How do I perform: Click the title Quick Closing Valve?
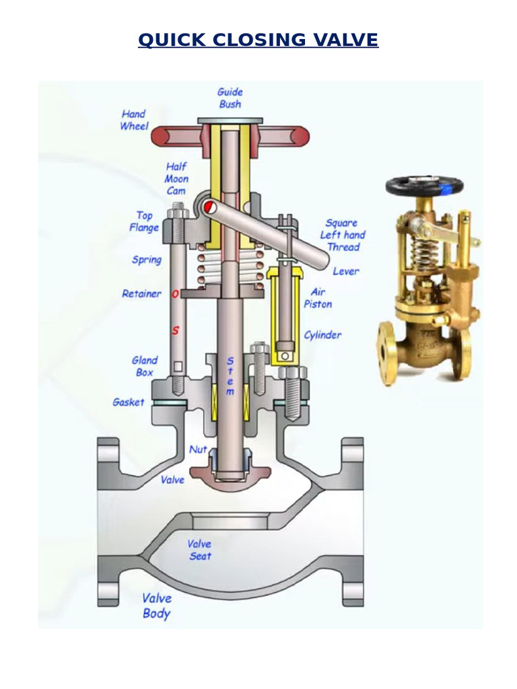click(258, 40)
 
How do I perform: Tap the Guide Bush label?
click(230, 98)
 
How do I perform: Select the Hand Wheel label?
click(133, 120)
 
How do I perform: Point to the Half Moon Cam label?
click(176, 178)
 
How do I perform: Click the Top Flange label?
click(144, 221)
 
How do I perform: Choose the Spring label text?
click(147, 260)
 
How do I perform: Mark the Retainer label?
click(141, 293)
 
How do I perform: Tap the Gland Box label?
click(145, 366)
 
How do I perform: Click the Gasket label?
click(128, 402)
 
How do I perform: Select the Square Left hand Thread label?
click(343, 235)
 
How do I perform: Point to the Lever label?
click(346, 271)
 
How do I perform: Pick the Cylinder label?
click(322, 334)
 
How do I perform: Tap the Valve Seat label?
click(200, 550)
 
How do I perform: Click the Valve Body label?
click(157, 606)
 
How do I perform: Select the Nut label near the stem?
click(198, 449)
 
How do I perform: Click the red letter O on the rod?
click(176, 294)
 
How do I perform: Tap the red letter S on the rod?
click(176, 330)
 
